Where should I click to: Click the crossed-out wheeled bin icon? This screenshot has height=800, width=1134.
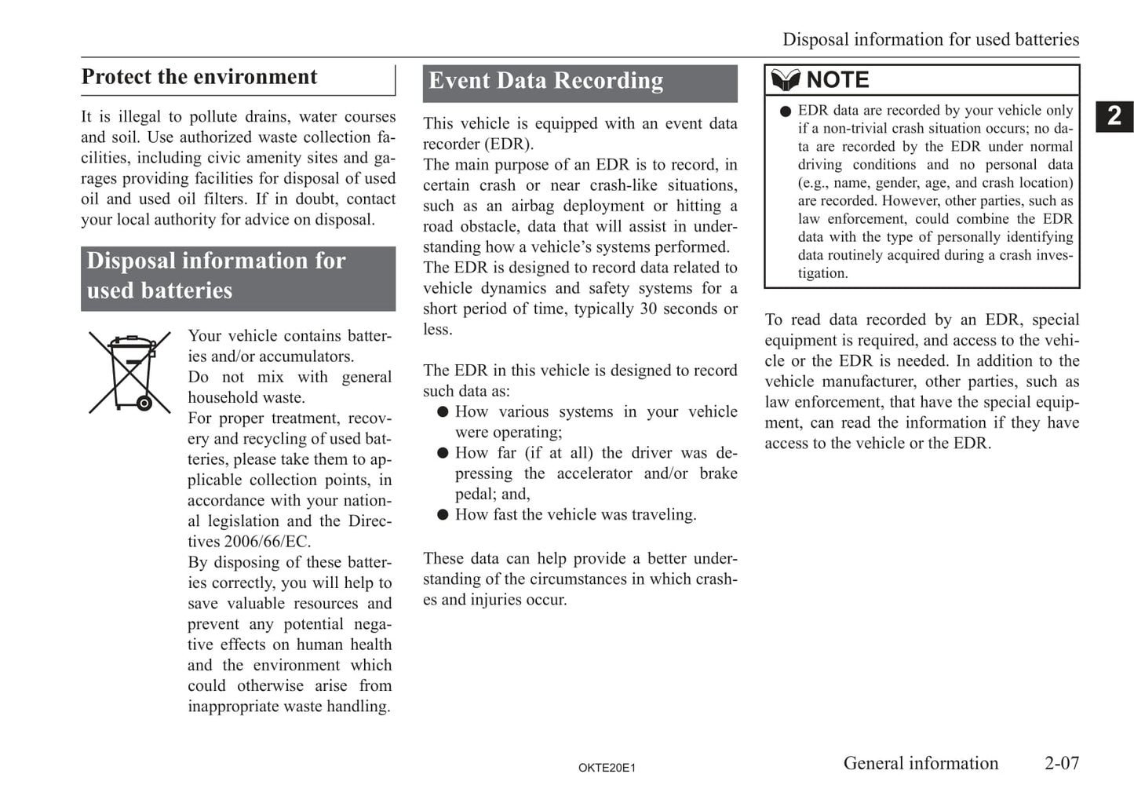click(129, 373)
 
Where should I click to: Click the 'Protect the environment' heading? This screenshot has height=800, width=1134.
click(199, 77)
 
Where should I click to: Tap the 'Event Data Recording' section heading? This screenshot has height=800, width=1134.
click(546, 81)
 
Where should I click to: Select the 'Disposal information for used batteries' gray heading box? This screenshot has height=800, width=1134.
click(238, 276)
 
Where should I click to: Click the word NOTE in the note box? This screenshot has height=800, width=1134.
click(837, 80)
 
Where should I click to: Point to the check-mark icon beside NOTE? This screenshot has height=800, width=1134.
click(785, 80)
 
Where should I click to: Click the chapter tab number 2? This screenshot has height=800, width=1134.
click(1114, 116)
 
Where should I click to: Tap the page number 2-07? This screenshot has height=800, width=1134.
click(1062, 763)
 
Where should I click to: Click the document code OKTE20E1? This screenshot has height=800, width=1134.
click(607, 768)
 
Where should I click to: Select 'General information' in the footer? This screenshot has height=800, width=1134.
click(921, 763)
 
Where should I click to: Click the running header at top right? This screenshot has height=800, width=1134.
click(930, 39)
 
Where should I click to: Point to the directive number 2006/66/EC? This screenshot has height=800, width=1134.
click(267, 542)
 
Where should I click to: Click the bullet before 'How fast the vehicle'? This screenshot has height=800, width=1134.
click(443, 515)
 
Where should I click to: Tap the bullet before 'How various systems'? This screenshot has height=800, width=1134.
click(443, 412)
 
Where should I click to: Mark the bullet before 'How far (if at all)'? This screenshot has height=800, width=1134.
click(443, 453)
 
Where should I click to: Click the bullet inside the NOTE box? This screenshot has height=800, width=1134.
click(786, 111)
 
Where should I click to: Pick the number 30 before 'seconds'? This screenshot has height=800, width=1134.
click(648, 309)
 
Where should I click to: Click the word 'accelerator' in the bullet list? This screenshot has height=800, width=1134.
click(594, 473)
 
